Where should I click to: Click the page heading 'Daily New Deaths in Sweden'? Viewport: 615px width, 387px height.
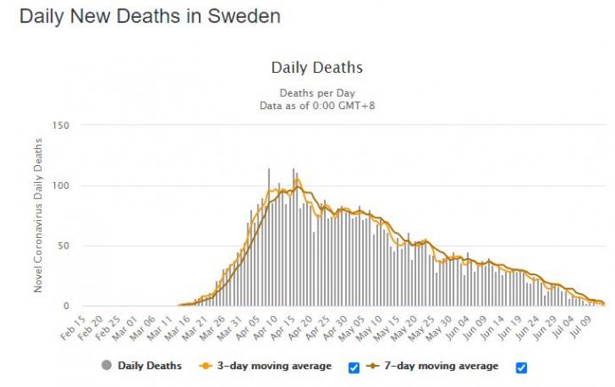coord(151,17)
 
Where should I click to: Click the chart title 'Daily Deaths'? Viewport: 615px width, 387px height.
coord(317,67)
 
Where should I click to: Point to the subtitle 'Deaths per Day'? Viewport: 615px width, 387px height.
coord(317,92)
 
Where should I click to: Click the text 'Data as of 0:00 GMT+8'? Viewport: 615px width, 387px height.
coord(317,105)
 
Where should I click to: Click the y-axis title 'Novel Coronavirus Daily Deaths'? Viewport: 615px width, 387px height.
coord(38,216)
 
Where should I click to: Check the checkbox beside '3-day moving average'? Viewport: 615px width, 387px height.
coord(354,367)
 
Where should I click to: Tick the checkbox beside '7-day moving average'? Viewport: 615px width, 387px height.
coord(522,367)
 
